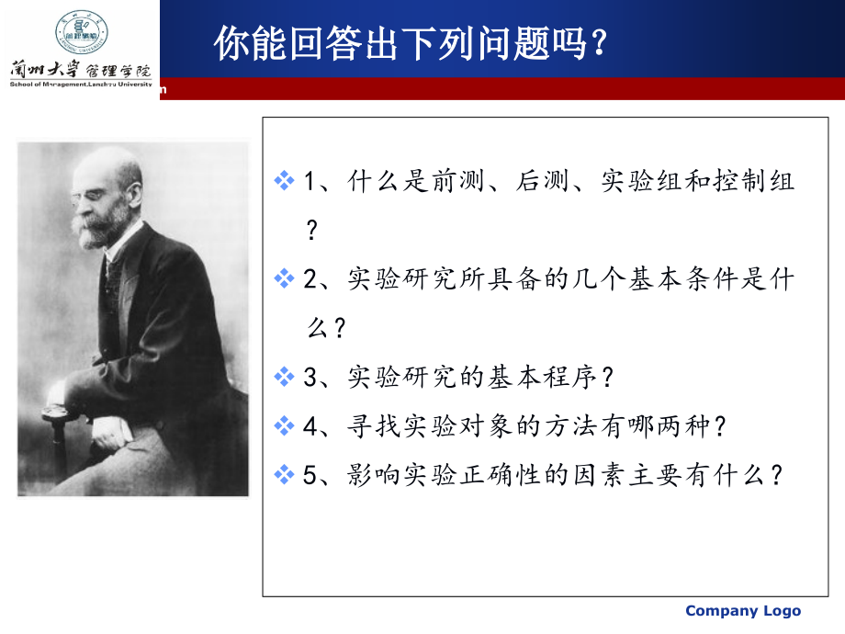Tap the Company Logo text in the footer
743,611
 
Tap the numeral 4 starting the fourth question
310,425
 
